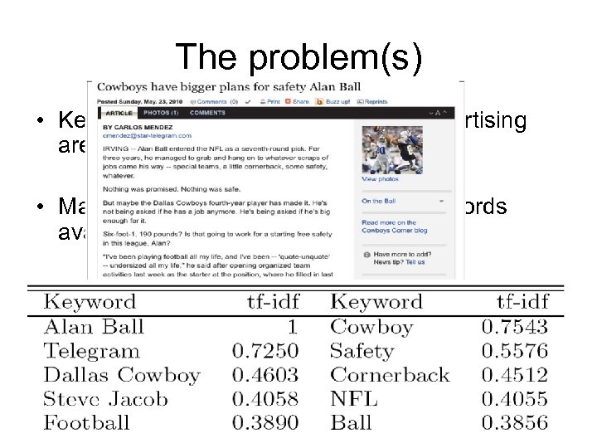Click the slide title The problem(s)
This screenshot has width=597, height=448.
coord(298,56)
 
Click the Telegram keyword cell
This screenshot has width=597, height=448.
coord(91,351)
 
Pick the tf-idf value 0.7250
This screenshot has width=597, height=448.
coord(265,351)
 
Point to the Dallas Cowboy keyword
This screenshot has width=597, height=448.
coord(122,375)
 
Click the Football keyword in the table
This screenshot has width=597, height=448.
coord(86,422)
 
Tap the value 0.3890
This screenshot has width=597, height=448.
coord(265,422)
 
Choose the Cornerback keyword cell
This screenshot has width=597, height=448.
coord(389,375)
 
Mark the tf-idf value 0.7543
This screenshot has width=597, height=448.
coord(514,327)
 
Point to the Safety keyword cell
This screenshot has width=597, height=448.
coord(362,351)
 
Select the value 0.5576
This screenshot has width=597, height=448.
coord(514,351)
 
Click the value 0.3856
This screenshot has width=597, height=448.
coord(514,422)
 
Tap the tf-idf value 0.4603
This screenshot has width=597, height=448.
coord(265,375)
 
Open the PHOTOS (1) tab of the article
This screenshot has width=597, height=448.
coord(162,113)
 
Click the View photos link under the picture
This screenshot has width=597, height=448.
coord(380,179)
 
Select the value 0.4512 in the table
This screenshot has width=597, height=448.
coord(514,375)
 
